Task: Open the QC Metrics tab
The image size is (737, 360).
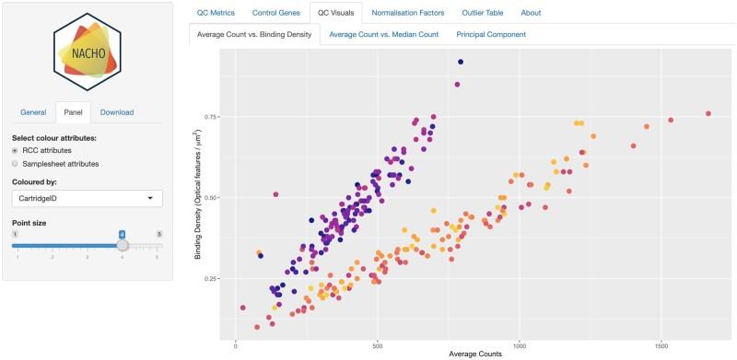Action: pos(216,13)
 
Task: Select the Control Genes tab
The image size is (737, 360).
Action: pos(275,13)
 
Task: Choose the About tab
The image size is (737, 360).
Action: pos(531,13)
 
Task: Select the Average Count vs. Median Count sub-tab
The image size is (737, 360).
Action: pos(382,35)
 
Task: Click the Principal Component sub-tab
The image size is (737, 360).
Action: pos(491,35)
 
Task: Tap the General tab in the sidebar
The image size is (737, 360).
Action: pos(33,112)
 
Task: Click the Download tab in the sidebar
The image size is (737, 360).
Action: pos(117,112)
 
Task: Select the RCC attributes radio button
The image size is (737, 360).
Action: pos(16,150)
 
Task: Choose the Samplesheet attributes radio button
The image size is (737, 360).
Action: pos(16,163)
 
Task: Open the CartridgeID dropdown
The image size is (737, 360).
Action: pos(88,198)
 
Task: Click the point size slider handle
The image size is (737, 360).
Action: pos(123,245)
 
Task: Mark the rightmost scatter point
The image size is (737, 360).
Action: pos(708,113)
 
